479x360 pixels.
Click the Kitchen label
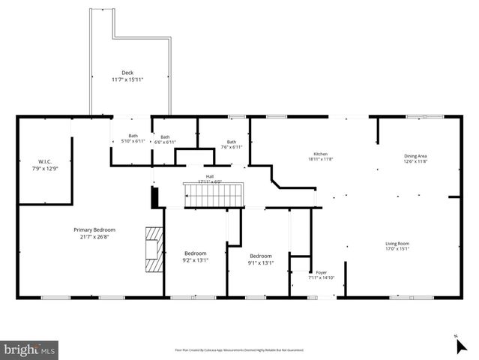321,154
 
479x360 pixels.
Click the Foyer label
321,273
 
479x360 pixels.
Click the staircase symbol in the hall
214,196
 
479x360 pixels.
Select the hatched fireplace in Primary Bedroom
153,250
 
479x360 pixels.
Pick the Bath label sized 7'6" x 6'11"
232,142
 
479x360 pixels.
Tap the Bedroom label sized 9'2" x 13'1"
195,253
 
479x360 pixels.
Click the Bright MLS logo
29,349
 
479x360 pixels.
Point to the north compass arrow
461,346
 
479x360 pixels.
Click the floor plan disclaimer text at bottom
239,349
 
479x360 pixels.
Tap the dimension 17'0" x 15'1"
397,250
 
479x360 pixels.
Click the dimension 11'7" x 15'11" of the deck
127,79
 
